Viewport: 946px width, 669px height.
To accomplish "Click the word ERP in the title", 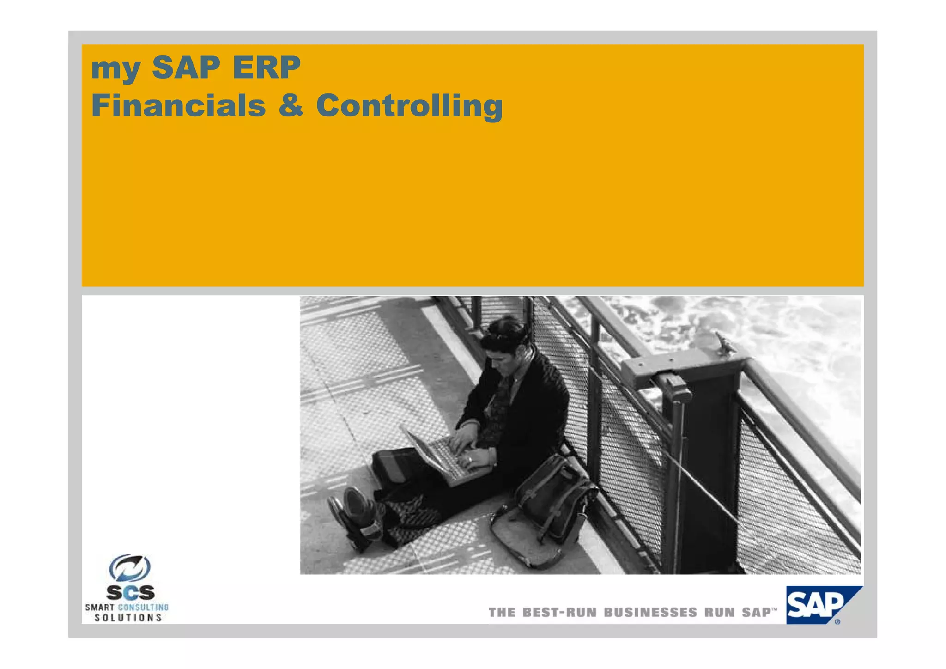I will [x=267, y=67].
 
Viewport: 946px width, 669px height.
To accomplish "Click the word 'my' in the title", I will [x=115, y=69].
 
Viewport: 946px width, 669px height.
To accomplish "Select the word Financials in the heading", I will [x=178, y=105].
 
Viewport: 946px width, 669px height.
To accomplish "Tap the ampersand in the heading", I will [x=291, y=105].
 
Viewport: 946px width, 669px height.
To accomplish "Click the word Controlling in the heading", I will [x=409, y=106].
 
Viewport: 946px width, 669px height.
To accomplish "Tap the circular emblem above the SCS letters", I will [x=130, y=568].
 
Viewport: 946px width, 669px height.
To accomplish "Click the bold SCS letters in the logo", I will [x=130, y=593].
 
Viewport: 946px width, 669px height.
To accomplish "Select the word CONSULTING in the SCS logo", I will [x=144, y=607].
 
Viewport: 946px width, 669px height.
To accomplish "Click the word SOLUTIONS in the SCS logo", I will [x=128, y=618].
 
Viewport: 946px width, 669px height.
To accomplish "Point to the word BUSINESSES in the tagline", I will [x=650, y=613].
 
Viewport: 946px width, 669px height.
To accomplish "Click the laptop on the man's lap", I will [x=443, y=455].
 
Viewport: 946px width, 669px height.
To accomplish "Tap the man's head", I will [x=503, y=340].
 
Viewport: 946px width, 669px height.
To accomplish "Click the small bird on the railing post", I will [x=723, y=342].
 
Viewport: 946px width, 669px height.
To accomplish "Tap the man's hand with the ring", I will [x=476, y=458].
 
